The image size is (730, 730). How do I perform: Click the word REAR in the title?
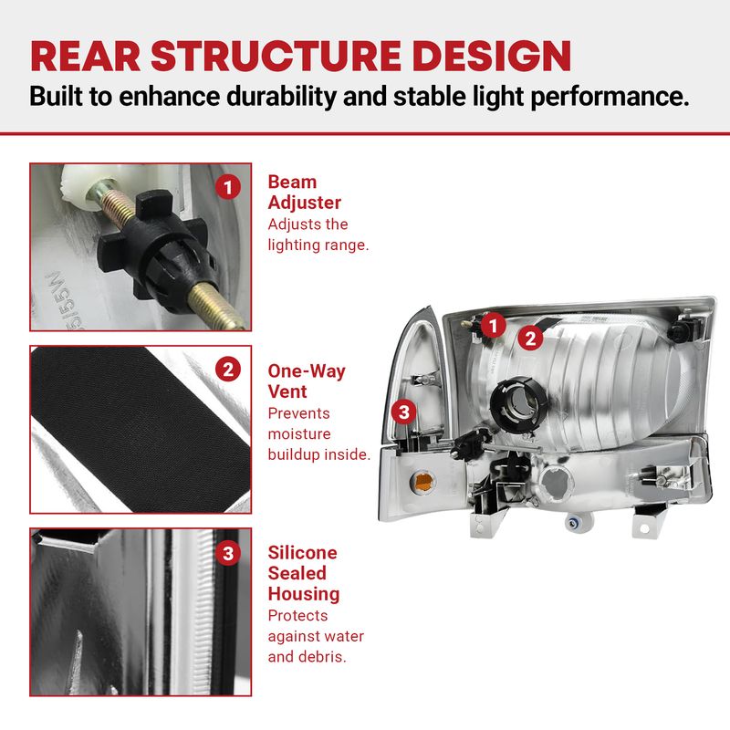tap(86, 56)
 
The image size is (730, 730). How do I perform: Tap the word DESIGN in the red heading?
tap(492, 56)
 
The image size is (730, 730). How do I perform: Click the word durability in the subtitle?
tap(281, 97)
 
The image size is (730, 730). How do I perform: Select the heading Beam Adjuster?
tap(305, 193)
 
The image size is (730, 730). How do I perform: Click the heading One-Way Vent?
tap(307, 381)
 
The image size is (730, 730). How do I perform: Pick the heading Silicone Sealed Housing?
tap(304, 573)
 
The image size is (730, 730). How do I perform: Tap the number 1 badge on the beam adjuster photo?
tap(227, 187)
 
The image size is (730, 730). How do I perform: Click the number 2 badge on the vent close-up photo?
tap(227, 370)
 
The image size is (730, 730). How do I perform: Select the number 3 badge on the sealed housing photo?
tap(227, 553)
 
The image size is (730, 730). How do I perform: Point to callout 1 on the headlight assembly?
tap(494, 325)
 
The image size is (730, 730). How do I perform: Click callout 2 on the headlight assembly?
tap(531, 338)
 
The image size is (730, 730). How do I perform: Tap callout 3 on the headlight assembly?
tap(403, 412)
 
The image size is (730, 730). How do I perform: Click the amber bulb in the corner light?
tap(423, 482)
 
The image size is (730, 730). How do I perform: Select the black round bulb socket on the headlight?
tap(514, 401)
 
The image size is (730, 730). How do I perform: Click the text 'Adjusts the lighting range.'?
tap(318, 235)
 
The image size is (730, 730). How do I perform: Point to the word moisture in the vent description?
tap(299, 434)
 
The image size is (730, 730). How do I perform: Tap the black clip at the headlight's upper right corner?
tap(682, 328)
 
